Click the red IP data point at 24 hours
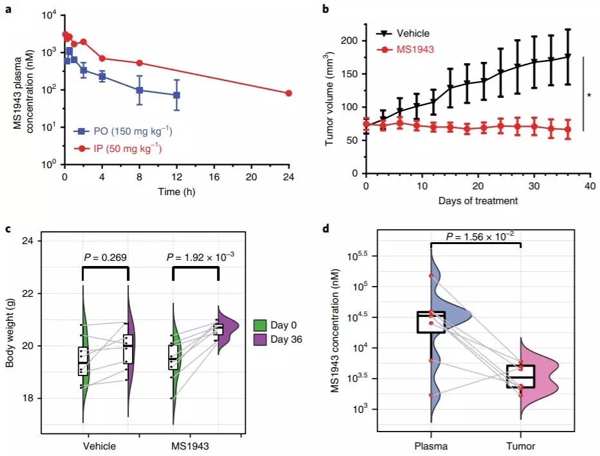[288, 93]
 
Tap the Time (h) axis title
[176, 192]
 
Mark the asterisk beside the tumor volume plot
[589, 96]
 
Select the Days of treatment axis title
[477, 200]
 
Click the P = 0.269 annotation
[106, 258]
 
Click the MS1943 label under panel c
[195, 446]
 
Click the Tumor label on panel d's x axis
[518, 446]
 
